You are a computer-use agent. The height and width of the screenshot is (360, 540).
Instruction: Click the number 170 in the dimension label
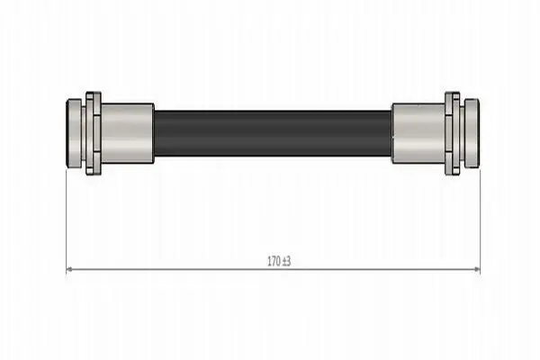[274, 262]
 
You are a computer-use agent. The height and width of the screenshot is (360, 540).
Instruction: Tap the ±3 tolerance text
[286, 262]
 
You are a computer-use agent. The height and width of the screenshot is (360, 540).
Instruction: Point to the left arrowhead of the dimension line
[69, 269]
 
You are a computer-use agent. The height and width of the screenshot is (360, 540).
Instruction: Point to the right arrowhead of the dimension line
[477, 269]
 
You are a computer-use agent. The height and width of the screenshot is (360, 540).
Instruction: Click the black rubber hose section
[273, 133]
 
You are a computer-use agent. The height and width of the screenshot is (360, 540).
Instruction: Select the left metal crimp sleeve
[127, 133]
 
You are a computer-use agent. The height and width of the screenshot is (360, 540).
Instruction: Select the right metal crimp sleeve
[418, 133]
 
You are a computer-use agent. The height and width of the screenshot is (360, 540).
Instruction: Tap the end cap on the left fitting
[74, 133]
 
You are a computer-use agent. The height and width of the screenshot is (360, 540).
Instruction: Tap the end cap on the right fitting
[472, 133]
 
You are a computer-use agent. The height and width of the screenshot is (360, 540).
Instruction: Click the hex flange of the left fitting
[94, 133]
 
